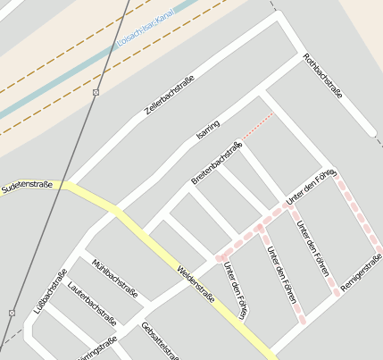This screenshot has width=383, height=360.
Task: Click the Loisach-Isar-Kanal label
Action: point(144,30)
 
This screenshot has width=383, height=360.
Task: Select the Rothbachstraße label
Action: point(323,83)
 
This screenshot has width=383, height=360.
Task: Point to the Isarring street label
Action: point(207,136)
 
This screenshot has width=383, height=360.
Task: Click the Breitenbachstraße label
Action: point(217,163)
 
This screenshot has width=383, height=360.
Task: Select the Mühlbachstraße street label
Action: point(115,279)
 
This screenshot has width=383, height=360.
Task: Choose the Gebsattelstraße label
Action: point(160,340)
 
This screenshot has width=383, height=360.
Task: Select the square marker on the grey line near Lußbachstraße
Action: point(12,313)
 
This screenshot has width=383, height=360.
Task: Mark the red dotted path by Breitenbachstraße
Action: point(259,127)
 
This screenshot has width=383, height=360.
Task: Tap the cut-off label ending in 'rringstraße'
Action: point(98,347)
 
